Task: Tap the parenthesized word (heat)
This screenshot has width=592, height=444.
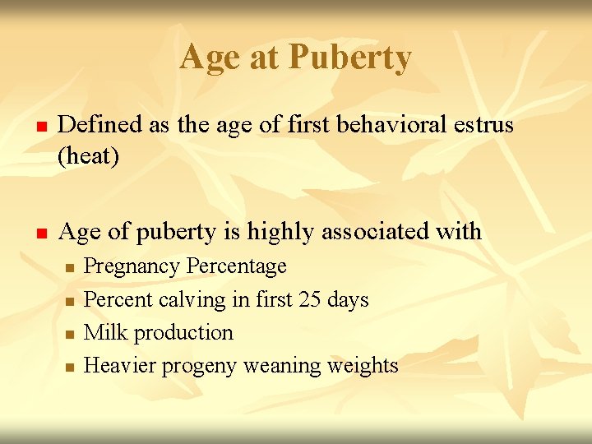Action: click(88, 155)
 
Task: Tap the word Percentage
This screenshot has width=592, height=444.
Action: click(237, 267)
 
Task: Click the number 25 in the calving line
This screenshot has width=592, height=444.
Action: click(310, 300)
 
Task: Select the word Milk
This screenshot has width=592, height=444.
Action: click(105, 333)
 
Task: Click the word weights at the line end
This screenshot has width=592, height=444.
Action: click(363, 366)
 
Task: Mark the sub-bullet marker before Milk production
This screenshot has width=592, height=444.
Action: click(71, 335)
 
